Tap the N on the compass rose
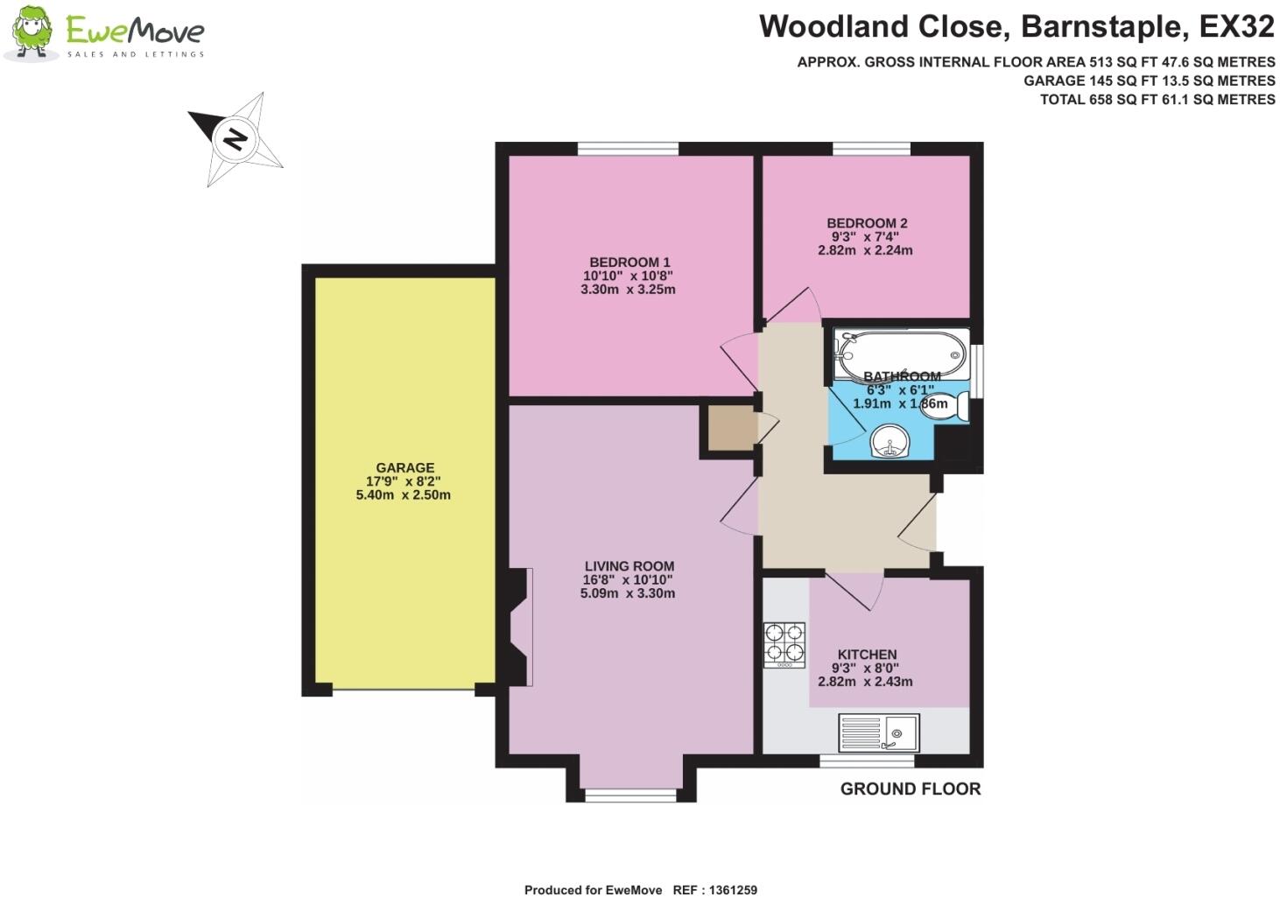234,138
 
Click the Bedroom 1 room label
629,263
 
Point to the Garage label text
404,468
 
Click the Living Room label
629,566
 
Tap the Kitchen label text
867,655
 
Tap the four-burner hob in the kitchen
784,644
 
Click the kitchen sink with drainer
879,732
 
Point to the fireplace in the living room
520,627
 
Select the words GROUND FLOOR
910,789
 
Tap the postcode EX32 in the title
1236,27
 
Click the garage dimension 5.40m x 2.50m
403,495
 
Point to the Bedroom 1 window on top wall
628,149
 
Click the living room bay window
630,795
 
